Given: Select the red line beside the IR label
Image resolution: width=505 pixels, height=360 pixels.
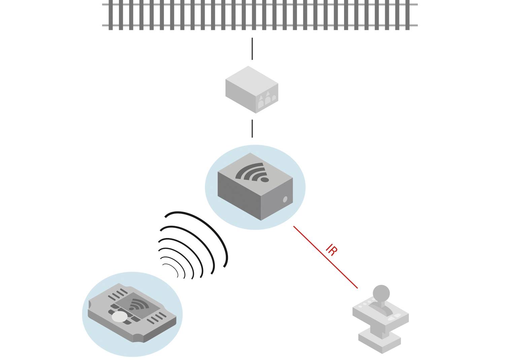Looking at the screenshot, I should (325, 257).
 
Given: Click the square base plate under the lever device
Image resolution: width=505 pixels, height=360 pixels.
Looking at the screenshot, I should (380, 340).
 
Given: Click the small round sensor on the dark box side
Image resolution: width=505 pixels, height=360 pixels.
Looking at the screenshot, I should (285, 199).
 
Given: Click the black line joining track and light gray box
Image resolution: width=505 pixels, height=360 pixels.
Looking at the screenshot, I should (252, 49).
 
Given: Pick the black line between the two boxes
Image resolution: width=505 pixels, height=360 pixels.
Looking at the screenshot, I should (252, 129).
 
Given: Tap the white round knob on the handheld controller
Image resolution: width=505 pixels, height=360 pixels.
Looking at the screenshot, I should (120, 316).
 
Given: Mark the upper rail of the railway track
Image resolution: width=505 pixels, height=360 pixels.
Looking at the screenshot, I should (259, 5).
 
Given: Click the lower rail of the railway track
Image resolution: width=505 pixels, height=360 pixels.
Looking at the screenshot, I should (259, 25).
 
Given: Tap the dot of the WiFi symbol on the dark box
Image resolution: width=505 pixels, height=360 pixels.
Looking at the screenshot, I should (265, 180).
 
